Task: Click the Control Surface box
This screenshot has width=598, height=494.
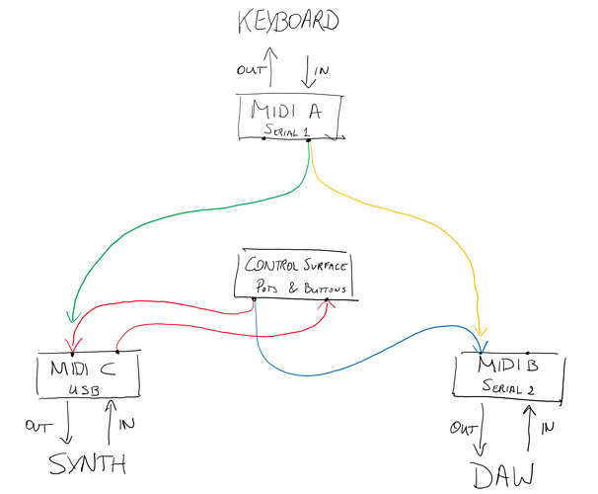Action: point(293,274)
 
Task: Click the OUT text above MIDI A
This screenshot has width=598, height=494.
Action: point(249,70)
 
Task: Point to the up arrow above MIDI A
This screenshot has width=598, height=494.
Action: point(272,69)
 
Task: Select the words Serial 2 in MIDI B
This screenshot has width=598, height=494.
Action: point(507,388)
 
